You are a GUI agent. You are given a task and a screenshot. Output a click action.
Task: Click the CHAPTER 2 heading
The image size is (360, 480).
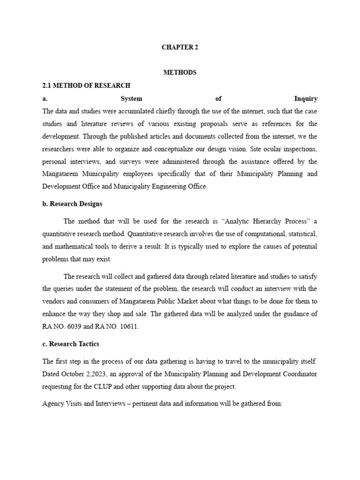[180, 47]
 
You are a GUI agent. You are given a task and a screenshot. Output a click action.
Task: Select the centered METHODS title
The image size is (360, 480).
[180, 73]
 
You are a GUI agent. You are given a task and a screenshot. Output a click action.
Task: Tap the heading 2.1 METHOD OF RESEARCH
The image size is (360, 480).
[86, 85]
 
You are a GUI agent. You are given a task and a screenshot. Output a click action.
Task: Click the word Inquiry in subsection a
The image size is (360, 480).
[306, 98]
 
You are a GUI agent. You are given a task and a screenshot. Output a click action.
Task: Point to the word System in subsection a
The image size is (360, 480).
[132, 98]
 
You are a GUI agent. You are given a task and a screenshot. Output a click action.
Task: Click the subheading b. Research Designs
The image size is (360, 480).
[72, 204]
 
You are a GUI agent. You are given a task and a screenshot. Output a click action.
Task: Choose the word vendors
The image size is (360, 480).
[56, 301]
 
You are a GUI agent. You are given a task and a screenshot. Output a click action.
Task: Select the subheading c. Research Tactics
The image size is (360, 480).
[71, 344]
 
